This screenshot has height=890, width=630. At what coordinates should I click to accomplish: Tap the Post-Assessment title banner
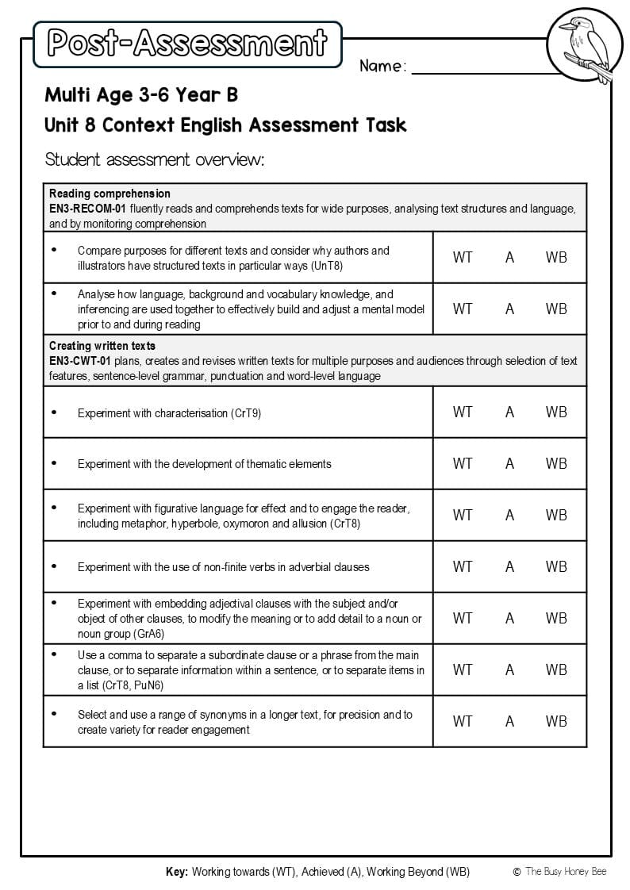coord(187,43)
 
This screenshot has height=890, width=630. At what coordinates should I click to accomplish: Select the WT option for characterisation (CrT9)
coord(462,412)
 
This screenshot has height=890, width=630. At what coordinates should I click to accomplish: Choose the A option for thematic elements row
coord(509,463)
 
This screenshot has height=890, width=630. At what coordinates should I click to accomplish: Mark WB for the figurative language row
coord(556,515)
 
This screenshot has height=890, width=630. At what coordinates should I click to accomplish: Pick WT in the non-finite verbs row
coord(462,566)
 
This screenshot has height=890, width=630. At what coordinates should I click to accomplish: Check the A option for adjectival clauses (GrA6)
coord(509,618)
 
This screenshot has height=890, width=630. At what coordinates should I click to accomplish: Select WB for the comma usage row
coord(556,669)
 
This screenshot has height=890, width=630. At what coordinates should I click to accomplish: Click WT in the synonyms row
coord(462,721)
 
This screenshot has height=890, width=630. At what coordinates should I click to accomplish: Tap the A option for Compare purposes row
coord(509,257)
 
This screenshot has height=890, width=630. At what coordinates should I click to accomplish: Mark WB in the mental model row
coord(556,309)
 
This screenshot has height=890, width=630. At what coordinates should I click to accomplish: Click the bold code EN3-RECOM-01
coord(87,209)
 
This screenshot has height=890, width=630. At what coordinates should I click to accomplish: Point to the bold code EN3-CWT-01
coord(80,361)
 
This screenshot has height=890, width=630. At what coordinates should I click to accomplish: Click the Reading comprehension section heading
coord(109,194)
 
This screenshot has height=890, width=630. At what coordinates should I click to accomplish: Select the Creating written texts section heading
coord(102,346)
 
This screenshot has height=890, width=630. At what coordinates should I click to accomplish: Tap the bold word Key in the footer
coord(176,872)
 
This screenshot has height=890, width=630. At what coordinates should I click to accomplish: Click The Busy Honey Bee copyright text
coord(565,872)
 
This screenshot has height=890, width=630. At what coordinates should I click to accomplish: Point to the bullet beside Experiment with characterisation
coord(54,412)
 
